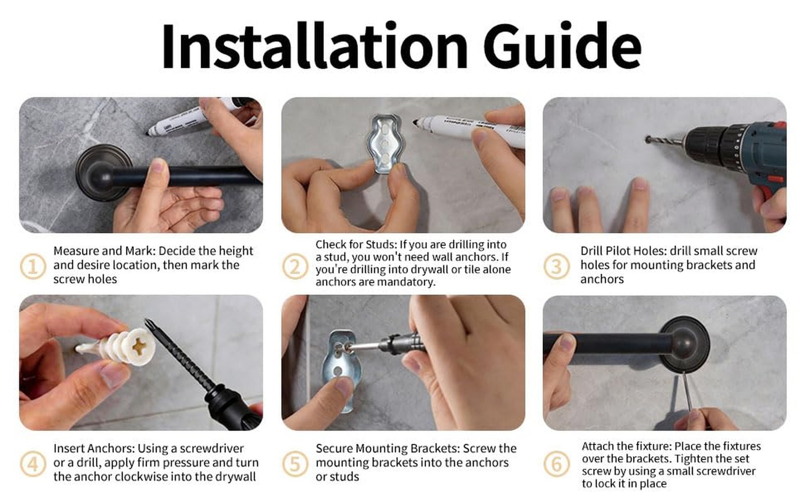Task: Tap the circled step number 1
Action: [x=33, y=267]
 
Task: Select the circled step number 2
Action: [x=295, y=267]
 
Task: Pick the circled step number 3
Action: [x=556, y=267]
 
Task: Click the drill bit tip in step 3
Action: [x=648, y=139]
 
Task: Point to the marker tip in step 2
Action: [x=416, y=122]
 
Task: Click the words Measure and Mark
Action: [x=104, y=251]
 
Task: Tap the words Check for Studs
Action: [x=356, y=244]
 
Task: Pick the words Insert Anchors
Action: [x=94, y=448]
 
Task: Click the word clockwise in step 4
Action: [x=142, y=477]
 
